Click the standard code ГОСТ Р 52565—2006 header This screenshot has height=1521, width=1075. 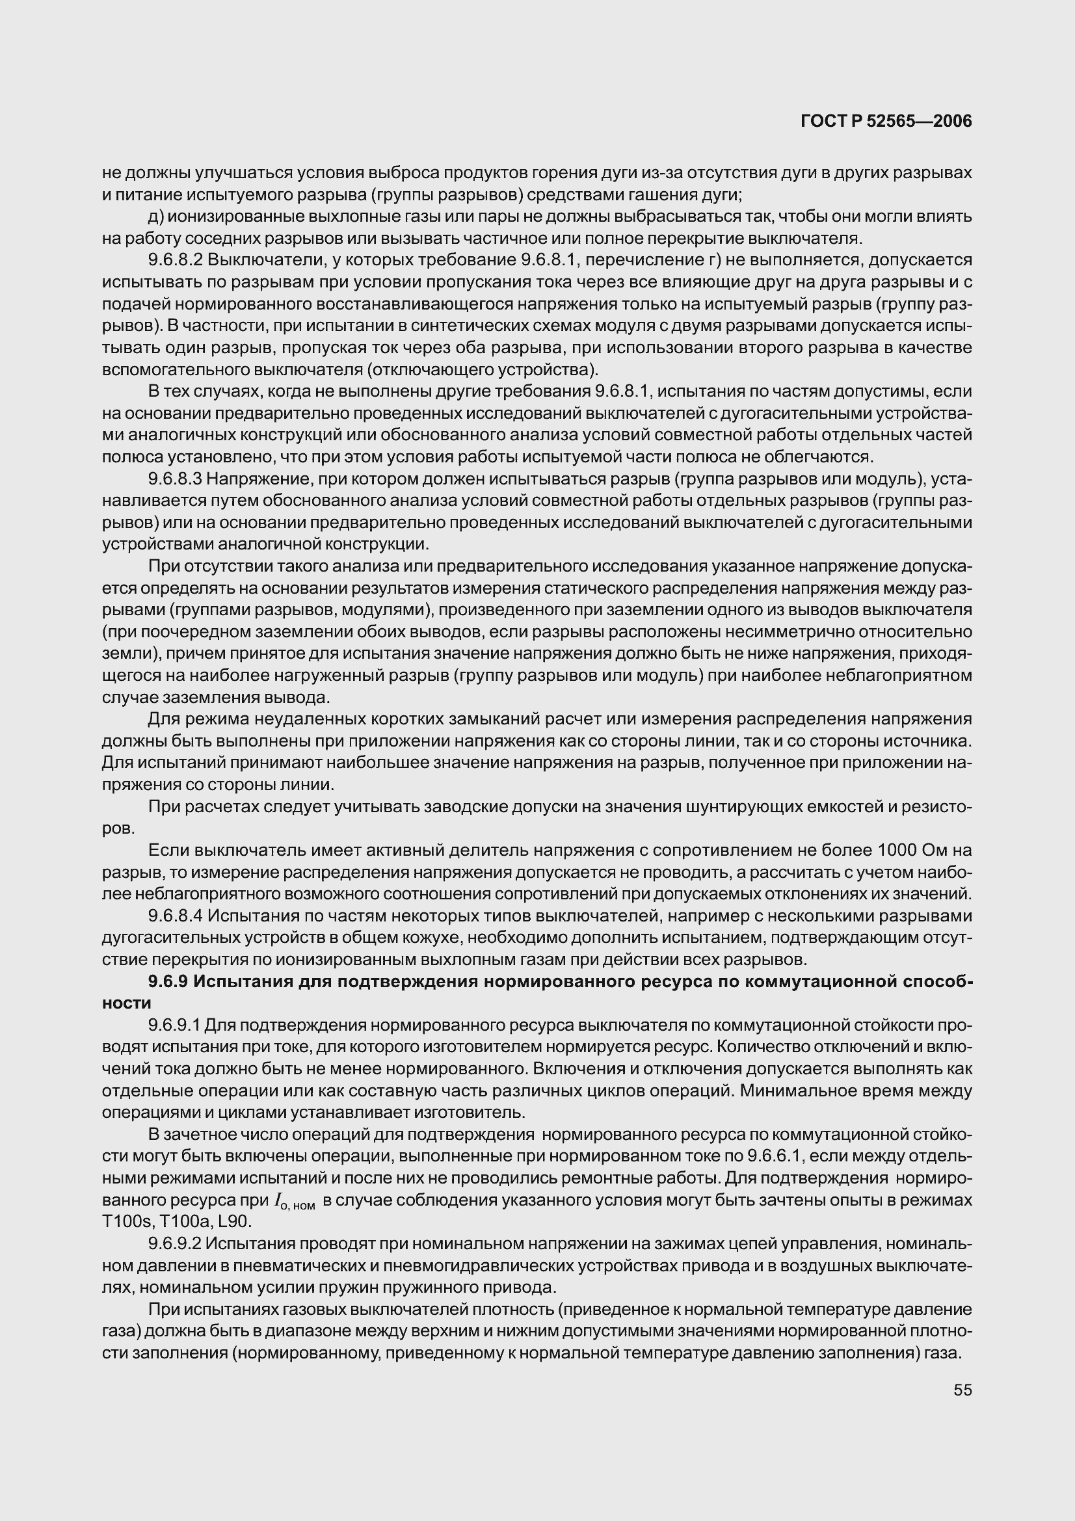pos(886,121)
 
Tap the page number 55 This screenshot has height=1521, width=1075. pos(962,1390)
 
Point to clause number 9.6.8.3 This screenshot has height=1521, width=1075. pos(176,479)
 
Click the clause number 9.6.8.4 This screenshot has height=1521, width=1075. pos(176,916)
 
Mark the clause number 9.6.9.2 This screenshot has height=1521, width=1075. pos(176,1244)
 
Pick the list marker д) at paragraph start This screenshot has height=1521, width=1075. pos(156,217)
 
